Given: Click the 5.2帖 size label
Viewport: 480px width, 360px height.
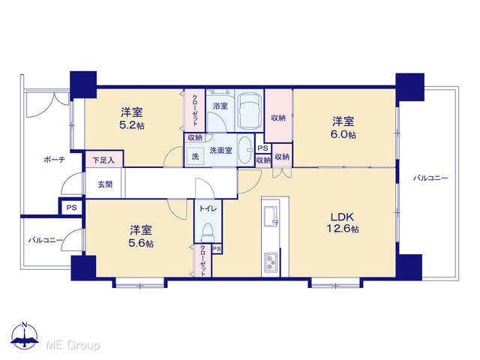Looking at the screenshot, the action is pyautogui.click(x=132, y=125).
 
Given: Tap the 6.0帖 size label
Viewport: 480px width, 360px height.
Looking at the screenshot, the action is pyautogui.click(x=343, y=135).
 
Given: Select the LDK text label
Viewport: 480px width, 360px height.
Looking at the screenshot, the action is pyautogui.click(x=343, y=217).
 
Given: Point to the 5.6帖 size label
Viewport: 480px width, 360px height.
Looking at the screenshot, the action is pyautogui.click(x=141, y=243).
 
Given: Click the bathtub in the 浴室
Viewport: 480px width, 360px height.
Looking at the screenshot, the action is pyautogui.click(x=249, y=111).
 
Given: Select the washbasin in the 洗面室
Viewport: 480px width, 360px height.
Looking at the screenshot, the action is pyautogui.click(x=245, y=150).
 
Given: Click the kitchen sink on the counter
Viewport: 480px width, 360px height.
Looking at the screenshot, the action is pyautogui.click(x=271, y=216).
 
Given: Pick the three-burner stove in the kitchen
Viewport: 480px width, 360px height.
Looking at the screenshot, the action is pyautogui.click(x=271, y=262).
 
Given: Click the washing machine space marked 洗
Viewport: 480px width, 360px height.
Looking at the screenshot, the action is pyautogui.click(x=195, y=157).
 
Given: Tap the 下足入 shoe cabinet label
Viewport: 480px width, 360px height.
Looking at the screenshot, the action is pyautogui.click(x=103, y=160).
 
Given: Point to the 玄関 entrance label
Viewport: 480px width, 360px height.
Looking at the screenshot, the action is pyautogui.click(x=105, y=184).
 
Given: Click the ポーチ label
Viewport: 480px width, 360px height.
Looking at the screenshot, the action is pyautogui.click(x=54, y=160).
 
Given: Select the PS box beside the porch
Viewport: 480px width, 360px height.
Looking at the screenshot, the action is pyautogui.click(x=72, y=208).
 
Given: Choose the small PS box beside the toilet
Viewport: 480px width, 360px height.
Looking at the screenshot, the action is pyautogui.click(x=217, y=249).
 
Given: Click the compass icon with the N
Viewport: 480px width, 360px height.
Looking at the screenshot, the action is pyautogui.click(x=25, y=336).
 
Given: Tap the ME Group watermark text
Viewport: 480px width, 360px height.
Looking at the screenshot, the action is pyautogui.click(x=73, y=345).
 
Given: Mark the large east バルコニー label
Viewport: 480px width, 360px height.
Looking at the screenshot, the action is pyautogui.click(x=430, y=178).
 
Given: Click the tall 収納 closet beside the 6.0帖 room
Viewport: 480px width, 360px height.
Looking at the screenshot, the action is pyautogui.click(x=278, y=115).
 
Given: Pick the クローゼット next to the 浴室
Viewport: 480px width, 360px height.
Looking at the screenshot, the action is pyautogui.click(x=195, y=110).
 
